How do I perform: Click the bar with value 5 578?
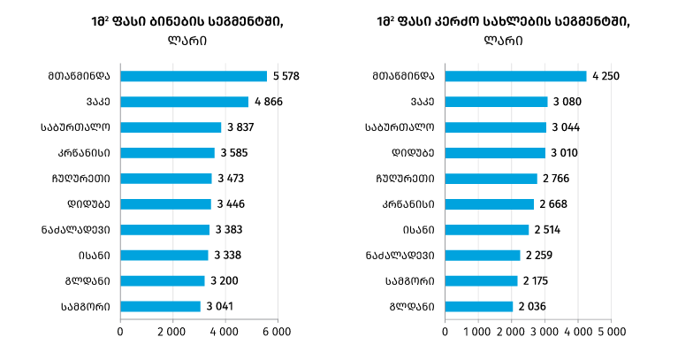click(193, 76)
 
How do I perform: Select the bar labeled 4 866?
click(184, 102)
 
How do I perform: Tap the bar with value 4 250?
click(515, 76)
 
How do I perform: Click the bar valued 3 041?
click(160, 307)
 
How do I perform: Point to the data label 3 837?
click(241, 127)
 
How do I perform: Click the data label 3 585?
click(234, 153)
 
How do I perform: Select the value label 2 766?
click(557, 179)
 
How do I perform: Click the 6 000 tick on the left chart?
click(277, 332)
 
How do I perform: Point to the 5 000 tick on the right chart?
click(611, 332)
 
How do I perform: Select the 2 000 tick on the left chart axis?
click(171, 332)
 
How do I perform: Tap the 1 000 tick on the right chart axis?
click(478, 332)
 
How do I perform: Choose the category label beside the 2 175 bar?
click(409, 281)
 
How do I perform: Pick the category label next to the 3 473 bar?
click(83, 179)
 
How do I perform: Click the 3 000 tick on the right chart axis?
click(544, 332)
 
